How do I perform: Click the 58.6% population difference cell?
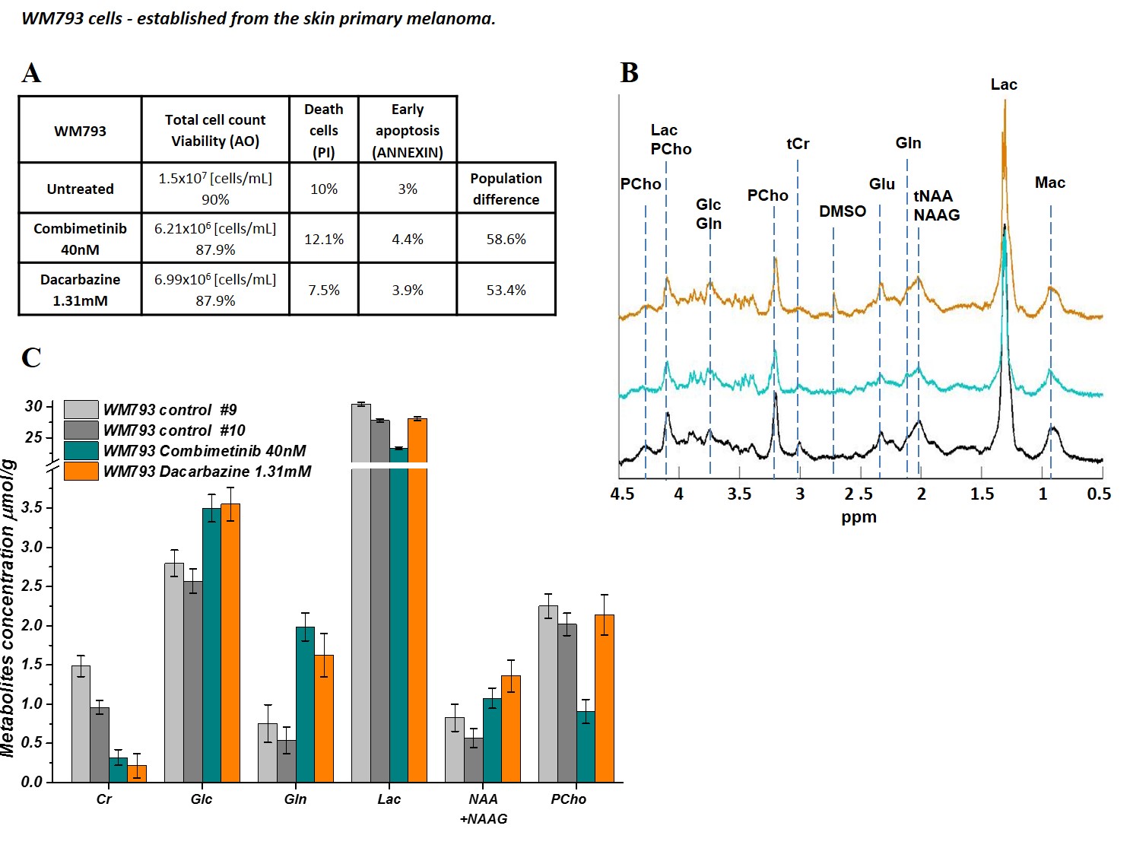[506, 239]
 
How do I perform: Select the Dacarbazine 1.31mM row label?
[80, 290]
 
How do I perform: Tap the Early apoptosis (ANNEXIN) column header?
[407, 130]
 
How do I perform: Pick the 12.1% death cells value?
[324, 239]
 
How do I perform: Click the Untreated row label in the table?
[80, 189]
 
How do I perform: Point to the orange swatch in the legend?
[81, 472]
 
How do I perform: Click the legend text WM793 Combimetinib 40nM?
[205, 451]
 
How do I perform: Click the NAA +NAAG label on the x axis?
[484, 808]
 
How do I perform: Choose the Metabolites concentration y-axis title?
[8, 608]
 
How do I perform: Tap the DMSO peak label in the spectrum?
[842, 211]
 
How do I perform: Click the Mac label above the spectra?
[1049, 183]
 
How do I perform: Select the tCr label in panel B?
[798, 144]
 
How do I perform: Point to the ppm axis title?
[859, 517]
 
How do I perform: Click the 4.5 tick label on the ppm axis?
[622, 494]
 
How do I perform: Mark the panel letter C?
[31, 357]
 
